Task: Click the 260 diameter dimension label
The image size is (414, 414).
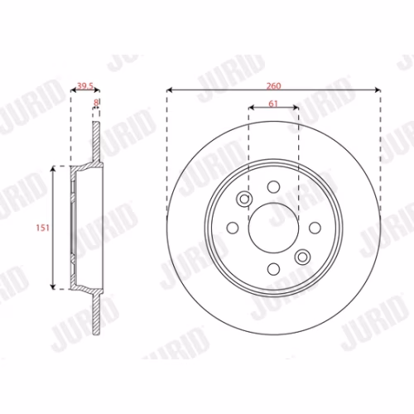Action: [x=273, y=86]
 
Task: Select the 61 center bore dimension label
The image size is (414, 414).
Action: [x=273, y=103]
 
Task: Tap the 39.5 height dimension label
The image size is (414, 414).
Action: [x=85, y=86]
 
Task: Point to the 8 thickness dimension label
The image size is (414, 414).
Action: [x=96, y=103]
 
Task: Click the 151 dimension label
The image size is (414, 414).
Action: [x=42, y=228]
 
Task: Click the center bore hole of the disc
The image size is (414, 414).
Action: [x=273, y=228]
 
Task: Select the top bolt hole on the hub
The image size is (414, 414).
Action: [x=273, y=187]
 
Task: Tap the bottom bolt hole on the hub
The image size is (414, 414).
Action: [x=273, y=269]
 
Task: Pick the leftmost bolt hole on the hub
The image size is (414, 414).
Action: [x=233, y=228]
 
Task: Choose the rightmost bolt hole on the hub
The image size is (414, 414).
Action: [x=315, y=228]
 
